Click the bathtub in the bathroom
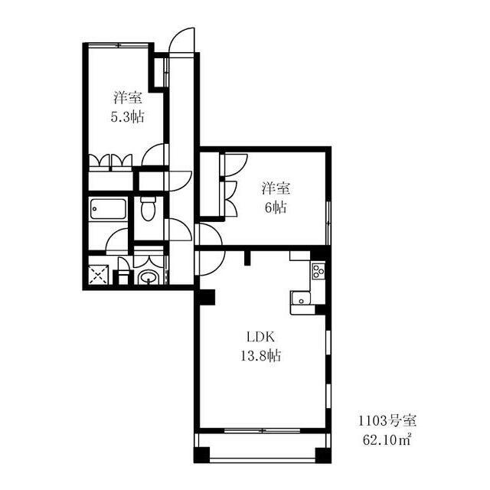[108, 209]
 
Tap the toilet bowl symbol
[148, 208]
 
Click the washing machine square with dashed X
[99, 275]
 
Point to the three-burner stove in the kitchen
[318, 270]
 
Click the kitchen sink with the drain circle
[301, 299]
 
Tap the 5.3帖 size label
[128, 117]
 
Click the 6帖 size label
[276, 207]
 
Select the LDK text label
[260, 337]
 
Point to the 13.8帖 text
[260, 355]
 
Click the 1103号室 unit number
[387, 421]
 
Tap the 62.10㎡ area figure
[387, 439]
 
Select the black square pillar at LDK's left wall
[207, 297]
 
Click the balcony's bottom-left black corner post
[201, 456]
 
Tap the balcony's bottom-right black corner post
[323, 456]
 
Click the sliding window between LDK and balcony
[262, 430]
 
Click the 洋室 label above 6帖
[276, 189]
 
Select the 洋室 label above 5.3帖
[128, 98]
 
